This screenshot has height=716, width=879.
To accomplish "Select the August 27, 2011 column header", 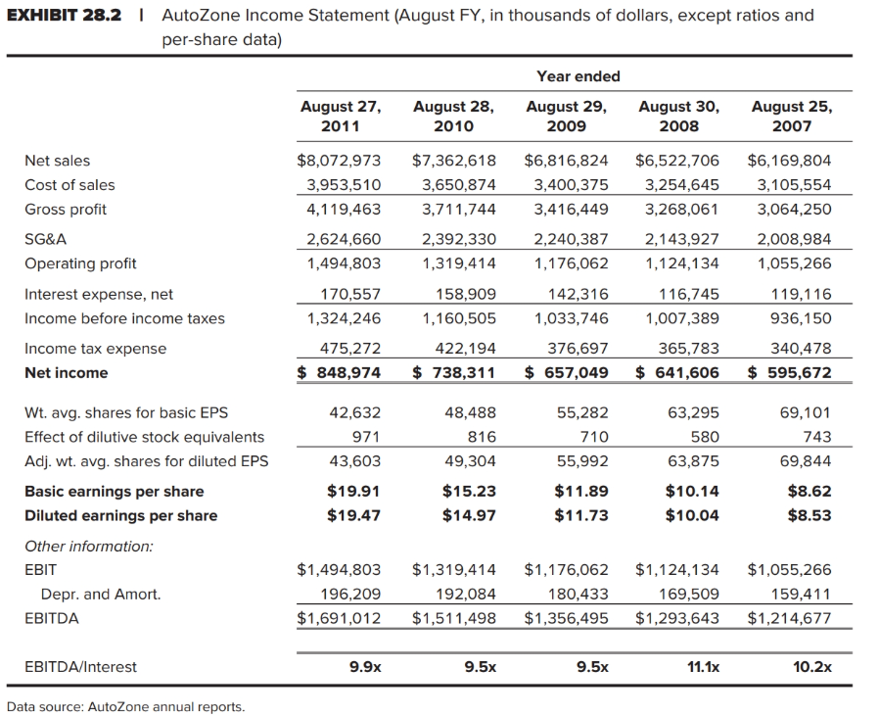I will pyautogui.click(x=340, y=116).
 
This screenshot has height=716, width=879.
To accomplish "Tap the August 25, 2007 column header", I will pyautogui.click(x=791, y=116).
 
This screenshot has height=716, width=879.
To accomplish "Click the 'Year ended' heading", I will pyautogui.click(x=578, y=76).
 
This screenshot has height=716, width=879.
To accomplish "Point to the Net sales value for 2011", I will pyautogui.click(x=339, y=161).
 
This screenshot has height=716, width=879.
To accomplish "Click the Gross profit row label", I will pyautogui.click(x=65, y=210).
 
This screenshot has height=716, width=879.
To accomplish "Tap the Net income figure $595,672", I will pyautogui.click(x=790, y=373).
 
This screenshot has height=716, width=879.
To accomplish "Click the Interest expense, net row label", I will pyautogui.click(x=98, y=294).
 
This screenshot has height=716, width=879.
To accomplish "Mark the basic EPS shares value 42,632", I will pyautogui.click(x=358, y=412).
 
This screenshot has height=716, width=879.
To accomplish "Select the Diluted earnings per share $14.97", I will pyautogui.click(x=469, y=516).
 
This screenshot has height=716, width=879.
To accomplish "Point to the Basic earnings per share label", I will pyautogui.click(x=114, y=492).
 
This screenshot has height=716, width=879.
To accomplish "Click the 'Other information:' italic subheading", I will pyautogui.click(x=88, y=546).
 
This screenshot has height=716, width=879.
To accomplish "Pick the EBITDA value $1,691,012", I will pyautogui.click(x=339, y=618).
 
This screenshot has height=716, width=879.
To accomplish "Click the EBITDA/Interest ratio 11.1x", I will pyautogui.click(x=702, y=667).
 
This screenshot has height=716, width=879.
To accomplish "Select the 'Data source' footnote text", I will pyautogui.click(x=125, y=706).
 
